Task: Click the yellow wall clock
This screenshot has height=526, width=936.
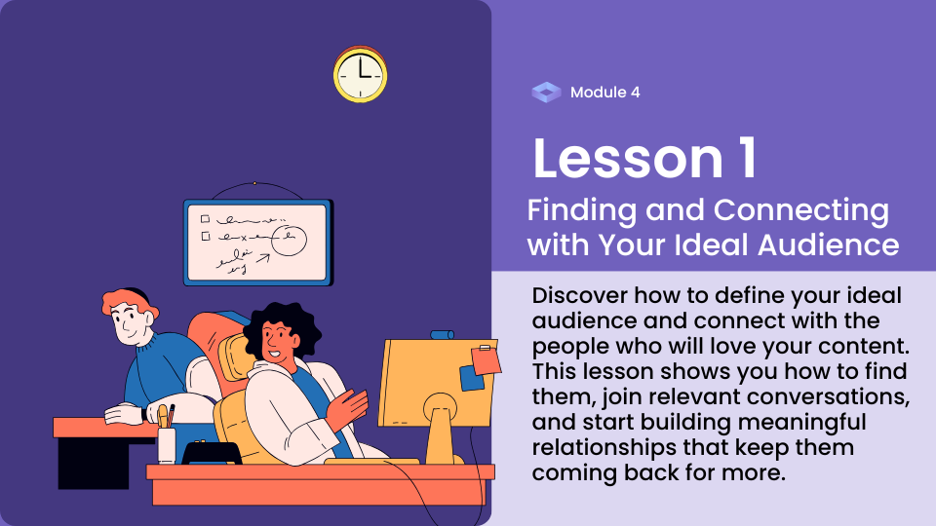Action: [360, 75]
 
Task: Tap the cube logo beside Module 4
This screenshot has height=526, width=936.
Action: [546, 93]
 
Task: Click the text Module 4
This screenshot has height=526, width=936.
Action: [604, 93]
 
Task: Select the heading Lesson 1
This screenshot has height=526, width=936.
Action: [644, 158]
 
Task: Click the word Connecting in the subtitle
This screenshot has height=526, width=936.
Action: [801, 211]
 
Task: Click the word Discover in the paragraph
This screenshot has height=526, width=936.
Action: [579, 295]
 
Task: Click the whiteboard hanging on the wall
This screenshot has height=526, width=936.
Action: [257, 243]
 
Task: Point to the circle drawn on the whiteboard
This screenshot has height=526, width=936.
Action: [290, 240]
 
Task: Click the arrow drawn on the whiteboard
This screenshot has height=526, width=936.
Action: [262, 258]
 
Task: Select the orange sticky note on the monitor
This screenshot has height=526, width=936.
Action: [486, 360]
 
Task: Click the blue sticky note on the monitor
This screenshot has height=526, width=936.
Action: [472, 379]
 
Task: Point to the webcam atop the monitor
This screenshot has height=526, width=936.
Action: [442, 334]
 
